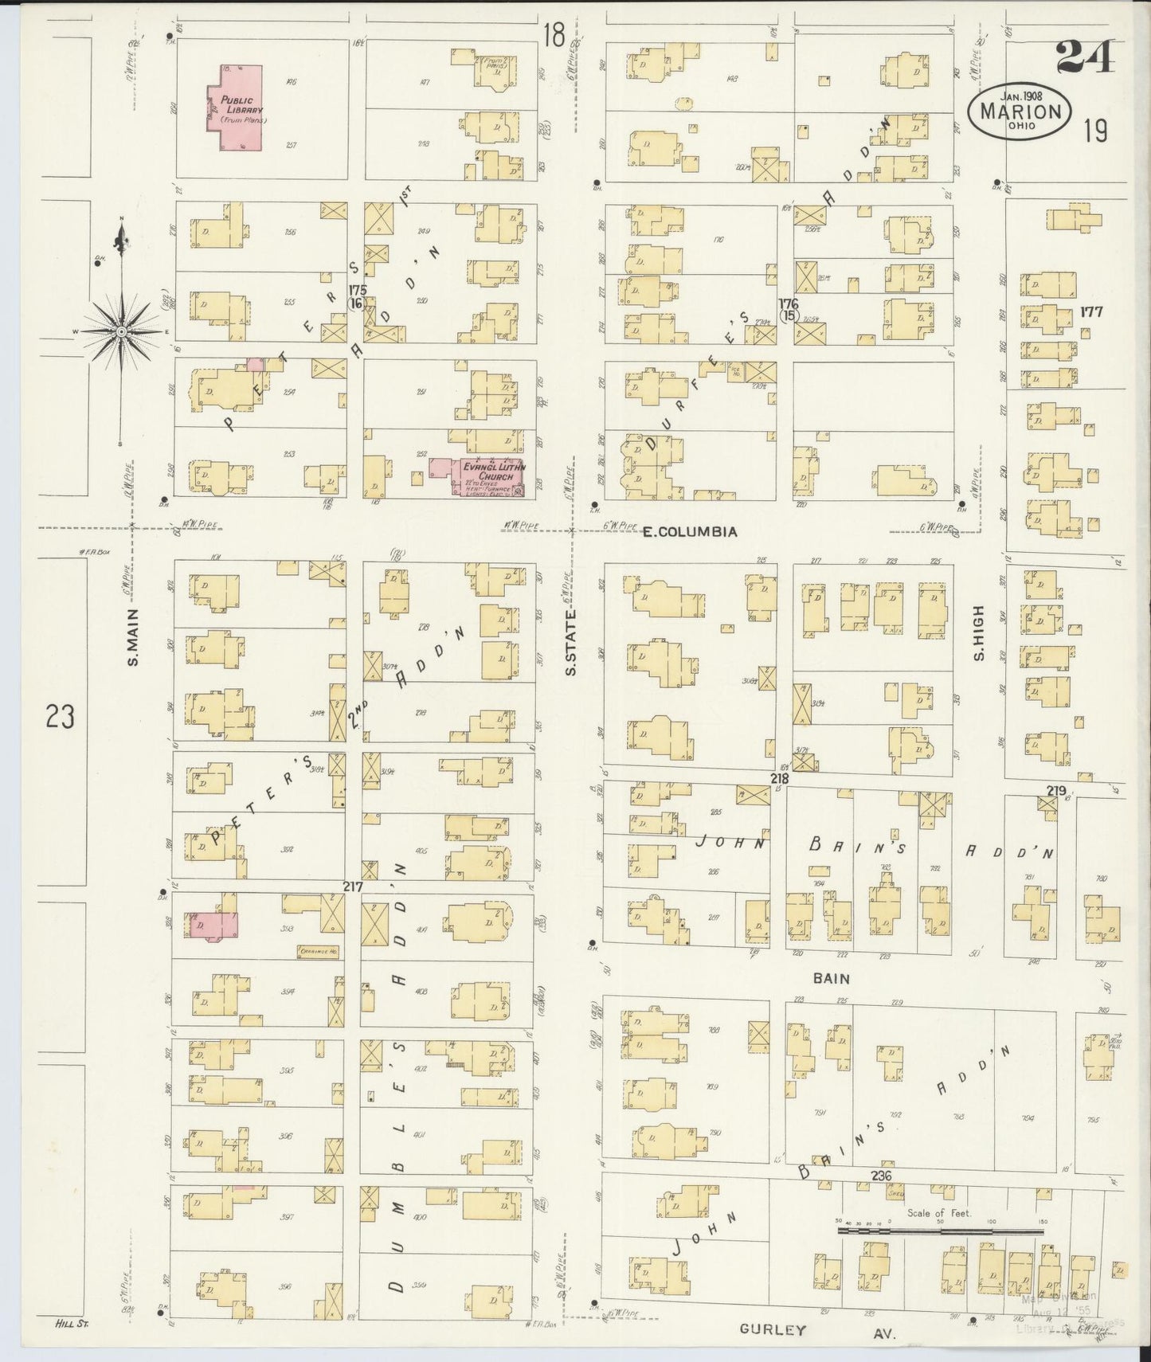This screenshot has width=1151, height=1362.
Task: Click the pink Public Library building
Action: click(236, 107)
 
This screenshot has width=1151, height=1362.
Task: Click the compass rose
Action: click(121, 330)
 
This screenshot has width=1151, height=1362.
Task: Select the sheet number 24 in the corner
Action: click(1086, 58)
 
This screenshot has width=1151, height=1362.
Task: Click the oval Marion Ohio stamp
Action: click(1020, 112)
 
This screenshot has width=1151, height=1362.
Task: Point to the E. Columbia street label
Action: click(690, 531)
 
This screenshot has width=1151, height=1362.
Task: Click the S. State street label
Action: click(570, 650)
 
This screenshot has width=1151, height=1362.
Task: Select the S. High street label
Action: click(979, 634)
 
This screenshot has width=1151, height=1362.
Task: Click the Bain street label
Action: click(832, 978)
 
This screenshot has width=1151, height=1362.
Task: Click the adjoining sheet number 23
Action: click(60, 717)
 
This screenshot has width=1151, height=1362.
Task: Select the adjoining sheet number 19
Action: click(1095, 130)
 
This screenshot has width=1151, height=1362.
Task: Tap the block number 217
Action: click(353, 886)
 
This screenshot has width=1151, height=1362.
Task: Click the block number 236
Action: click(880, 1176)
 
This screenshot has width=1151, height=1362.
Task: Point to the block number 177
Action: click(1090, 312)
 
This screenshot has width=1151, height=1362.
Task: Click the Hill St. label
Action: click(72, 1324)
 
